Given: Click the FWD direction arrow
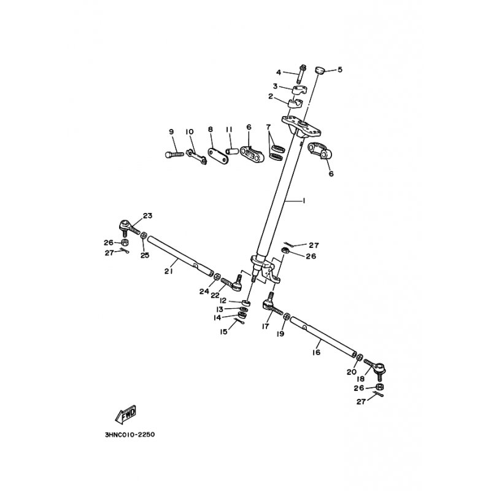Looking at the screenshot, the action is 126,414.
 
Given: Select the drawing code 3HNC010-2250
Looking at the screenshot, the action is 130,435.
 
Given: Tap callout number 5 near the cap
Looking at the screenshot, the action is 340,69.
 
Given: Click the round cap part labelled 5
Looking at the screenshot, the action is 319,70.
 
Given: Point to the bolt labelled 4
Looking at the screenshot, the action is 302,74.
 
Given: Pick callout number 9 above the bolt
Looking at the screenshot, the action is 171,132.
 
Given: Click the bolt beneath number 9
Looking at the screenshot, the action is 174,154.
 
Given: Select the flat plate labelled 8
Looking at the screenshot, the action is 218,156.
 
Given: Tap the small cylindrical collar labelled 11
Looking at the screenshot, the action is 233,152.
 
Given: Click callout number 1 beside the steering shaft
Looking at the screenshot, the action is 303,201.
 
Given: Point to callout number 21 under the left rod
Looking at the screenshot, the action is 169,271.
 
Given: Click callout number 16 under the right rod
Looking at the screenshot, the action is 317,352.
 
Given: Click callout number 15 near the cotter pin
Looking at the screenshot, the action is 223,331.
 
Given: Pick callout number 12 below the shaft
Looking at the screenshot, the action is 223,301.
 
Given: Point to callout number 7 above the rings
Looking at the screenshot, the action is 268,127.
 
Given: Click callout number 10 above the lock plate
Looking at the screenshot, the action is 190,132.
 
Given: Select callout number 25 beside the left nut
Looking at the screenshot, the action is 145,255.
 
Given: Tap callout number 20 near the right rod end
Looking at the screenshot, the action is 351,372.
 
